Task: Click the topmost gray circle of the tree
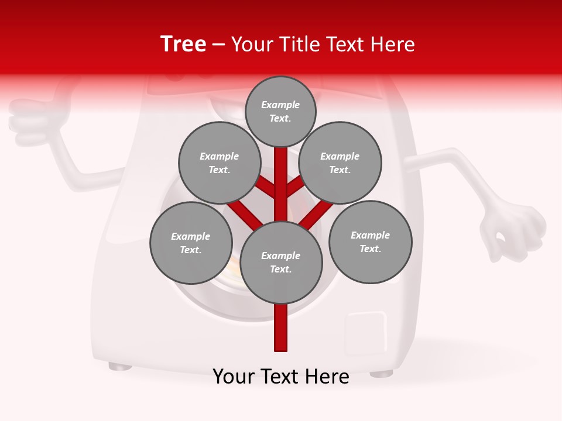280,111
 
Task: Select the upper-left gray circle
219,163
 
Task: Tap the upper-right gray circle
340,163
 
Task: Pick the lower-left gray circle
191,243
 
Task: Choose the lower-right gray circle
370,241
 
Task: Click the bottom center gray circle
281,263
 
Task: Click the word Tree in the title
183,44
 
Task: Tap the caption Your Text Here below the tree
281,377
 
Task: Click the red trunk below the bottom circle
281,327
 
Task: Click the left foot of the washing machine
120,367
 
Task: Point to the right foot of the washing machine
382,372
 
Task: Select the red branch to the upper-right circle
295,187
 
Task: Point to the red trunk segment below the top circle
281,175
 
